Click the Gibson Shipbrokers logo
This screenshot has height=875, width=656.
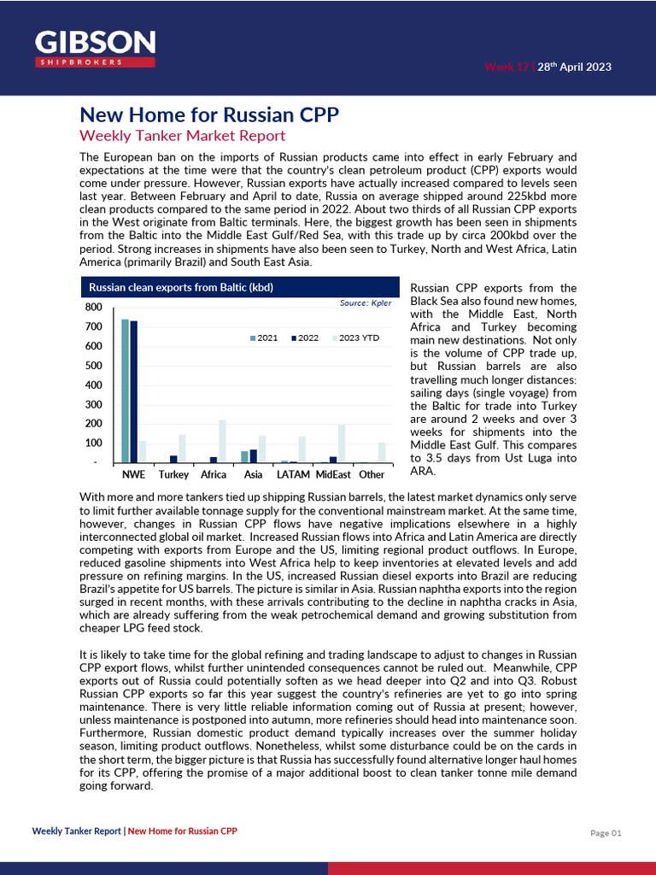pyautogui.click(x=95, y=49)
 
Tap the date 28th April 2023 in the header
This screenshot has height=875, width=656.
pyautogui.click(x=573, y=68)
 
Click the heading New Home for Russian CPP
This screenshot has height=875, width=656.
pyautogui.click(x=209, y=115)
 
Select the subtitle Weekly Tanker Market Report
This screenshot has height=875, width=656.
pyautogui.click(x=182, y=136)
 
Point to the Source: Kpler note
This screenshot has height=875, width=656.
pyautogui.click(x=365, y=303)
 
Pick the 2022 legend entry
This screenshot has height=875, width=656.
pyautogui.click(x=304, y=338)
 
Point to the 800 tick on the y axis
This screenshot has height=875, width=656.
pyautogui.click(x=94, y=307)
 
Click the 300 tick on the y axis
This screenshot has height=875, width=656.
pyautogui.click(x=94, y=404)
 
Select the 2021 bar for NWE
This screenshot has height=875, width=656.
pyautogui.click(x=125, y=391)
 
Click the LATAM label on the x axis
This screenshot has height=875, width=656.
pyautogui.click(x=293, y=474)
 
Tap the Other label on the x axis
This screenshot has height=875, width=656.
pyautogui.click(x=372, y=474)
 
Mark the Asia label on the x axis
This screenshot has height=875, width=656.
pyautogui.click(x=253, y=474)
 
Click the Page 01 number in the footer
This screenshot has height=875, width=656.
pyautogui.click(x=606, y=832)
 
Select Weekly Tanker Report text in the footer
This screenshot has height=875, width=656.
pyautogui.click(x=77, y=831)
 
